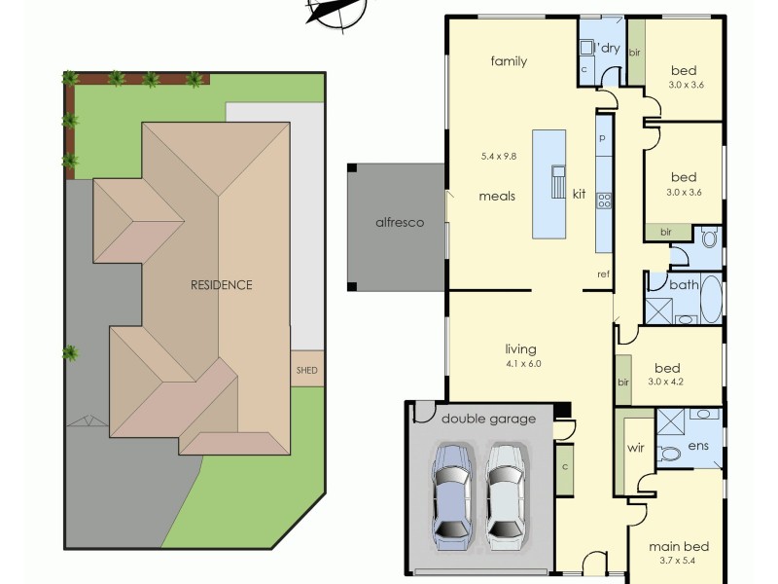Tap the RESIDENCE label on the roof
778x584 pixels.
point(221,285)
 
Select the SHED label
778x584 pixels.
point(306,370)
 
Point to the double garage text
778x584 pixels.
point(488,419)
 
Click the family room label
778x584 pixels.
point(508,61)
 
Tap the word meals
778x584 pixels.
point(496,196)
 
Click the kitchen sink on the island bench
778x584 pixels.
point(558,181)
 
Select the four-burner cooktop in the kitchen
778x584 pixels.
point(603,201)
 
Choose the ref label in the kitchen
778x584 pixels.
point(603,274)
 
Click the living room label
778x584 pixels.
point(521,349)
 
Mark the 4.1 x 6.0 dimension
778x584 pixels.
point(521,364)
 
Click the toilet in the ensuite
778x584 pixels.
point(670,454)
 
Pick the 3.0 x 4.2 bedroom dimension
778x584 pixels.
point(667,383)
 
